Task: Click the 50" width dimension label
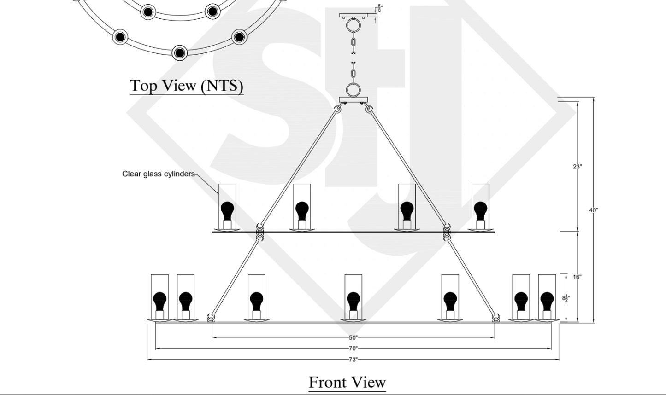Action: coord(353,337)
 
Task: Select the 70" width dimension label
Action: coord(353,349)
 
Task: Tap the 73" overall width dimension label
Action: coord(353,360)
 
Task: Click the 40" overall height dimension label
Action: coord(594,210)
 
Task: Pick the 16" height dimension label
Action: coord(578,277)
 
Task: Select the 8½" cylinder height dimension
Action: coord(566,298)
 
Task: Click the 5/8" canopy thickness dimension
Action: coord(380,7)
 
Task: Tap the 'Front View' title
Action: coord(347,382)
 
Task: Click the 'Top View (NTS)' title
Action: coord(186,85)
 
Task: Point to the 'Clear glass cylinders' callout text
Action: coord(158,174)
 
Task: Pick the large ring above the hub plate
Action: coord(354,89)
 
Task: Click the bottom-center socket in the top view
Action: coord(179,52)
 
